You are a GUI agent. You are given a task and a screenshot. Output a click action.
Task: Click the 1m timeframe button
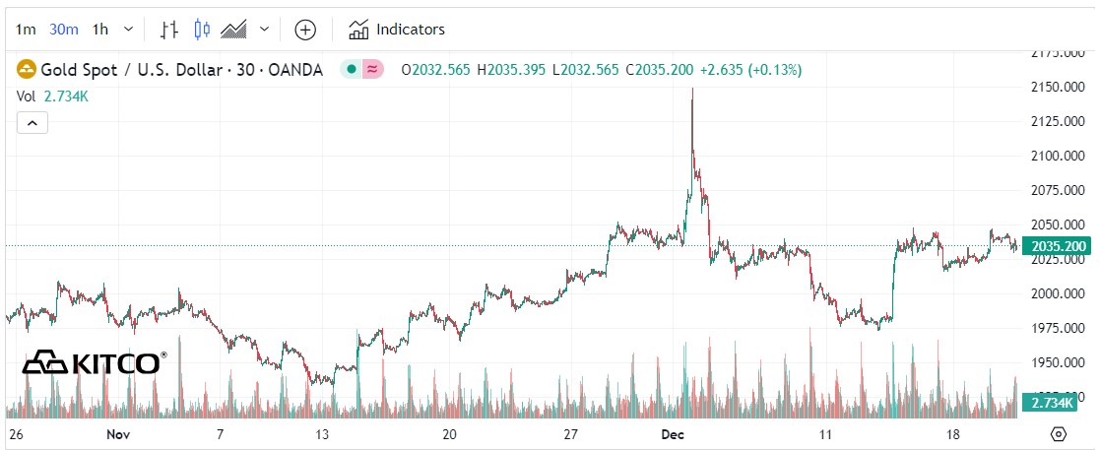pyautogui.click(x=27, y=29)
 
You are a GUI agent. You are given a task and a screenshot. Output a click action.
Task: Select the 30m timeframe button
pyautogui.click(x=64, y=29)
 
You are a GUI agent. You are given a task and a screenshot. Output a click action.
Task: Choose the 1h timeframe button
pyautogui.click(x=99, y=29)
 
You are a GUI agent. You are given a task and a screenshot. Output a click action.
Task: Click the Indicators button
pyautogui.click(x=397, y=30)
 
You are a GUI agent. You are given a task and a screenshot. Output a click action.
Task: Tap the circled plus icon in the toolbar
pyautogui.click(x=305, y=30)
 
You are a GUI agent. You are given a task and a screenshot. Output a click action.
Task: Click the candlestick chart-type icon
pyautogui.click(x=202, y=30)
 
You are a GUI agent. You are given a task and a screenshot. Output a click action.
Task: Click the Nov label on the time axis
pyautogui.click(x=118, y=434)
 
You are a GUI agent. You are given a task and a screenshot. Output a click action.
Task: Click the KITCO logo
pyautogui.click(x=95, y=362)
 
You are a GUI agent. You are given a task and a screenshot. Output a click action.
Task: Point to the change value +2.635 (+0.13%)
pyautogui.click(x=750, y=70)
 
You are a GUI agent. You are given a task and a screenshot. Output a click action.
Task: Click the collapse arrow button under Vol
pyautogui.click(x=32, y=123)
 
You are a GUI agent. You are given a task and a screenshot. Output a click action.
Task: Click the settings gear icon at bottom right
pyautogui.click(x=1059, y=434)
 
